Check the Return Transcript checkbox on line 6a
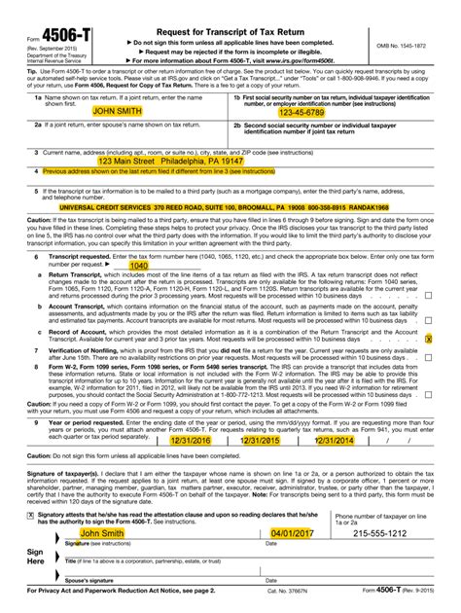click(429, 295)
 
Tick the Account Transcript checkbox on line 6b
click(429, 320)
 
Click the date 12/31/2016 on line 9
click(191, 440)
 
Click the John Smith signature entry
click(102, 533)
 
